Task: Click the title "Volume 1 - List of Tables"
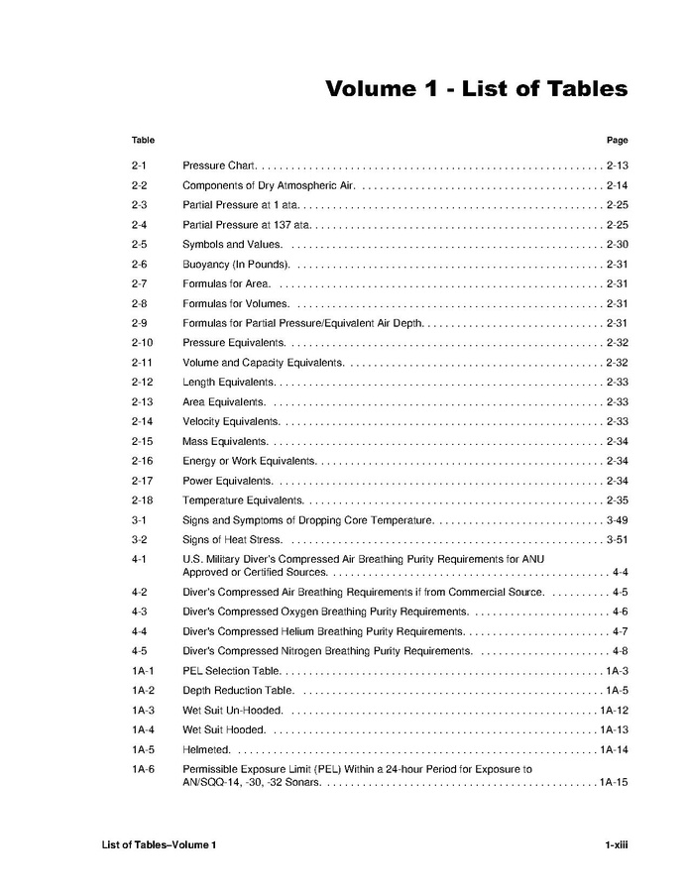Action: pos(476,89)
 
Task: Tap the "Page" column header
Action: pos(617,140)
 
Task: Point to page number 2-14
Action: pos(617,185)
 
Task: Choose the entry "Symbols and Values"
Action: pos(232,244)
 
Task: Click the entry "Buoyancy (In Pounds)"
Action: pos(236,264)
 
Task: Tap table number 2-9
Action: pos(139,323)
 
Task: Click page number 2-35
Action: pos(617,501)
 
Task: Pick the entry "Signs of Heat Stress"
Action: pos(232,540)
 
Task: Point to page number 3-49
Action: pos(617,520)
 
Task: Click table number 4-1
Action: pos(139,560)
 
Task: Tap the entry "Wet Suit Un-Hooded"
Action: pos(233,711)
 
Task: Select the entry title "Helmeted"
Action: pos(206,749)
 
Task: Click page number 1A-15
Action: pos(614,783)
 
